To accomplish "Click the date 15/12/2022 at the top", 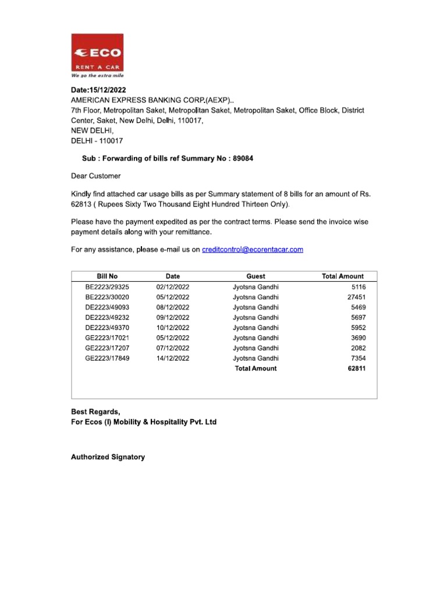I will coord(108,90).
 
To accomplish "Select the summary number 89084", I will coord(243,158).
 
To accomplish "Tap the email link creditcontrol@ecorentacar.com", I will coord(252,250).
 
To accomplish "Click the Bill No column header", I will coord(107,276).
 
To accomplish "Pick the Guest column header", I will coord(256,276).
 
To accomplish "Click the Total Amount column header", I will coord(342,276).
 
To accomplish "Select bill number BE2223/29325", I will coord(107,287).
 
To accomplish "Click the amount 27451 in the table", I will coord(356,297).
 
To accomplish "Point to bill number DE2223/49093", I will coord(107,307).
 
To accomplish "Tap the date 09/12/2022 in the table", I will coord(172,318).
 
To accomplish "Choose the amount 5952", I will coord(358,328).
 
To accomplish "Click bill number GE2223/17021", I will coord(107,338).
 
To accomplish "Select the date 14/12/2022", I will coord(172,359).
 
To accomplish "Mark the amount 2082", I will coord(358,348).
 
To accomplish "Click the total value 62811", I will coord(356,368).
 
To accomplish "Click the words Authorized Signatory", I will coord(108,457).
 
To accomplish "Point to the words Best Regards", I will coord(95,412).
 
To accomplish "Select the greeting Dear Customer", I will coord(96,176).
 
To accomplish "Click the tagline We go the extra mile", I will coord(97,76).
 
